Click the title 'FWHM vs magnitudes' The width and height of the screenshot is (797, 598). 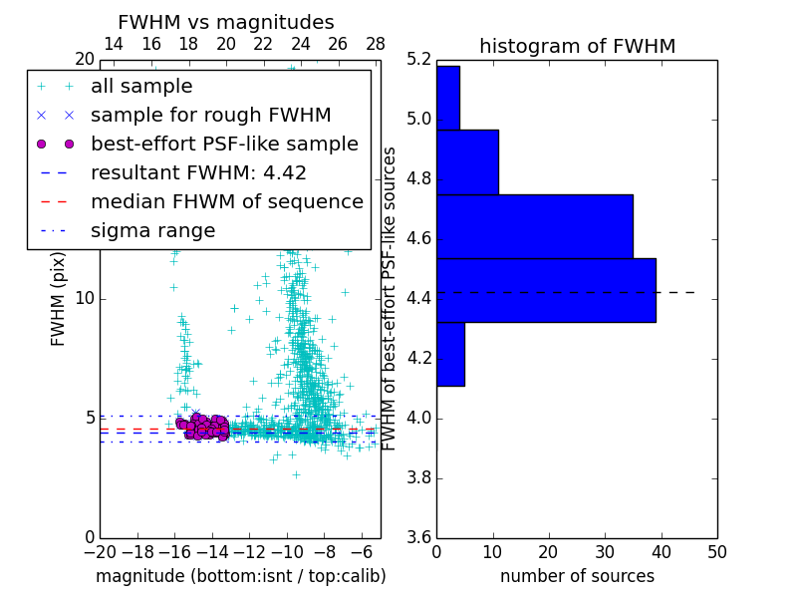[x=226, y=22]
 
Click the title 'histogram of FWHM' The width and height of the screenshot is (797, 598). [x=577, y=46]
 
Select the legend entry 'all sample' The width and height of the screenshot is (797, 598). [x=141, y=87]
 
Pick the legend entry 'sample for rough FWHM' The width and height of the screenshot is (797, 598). [x=210, y=116]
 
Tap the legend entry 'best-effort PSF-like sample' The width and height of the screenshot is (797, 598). [x=224, y=145]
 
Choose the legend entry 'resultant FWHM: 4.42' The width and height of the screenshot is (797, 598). [x=198, y=173]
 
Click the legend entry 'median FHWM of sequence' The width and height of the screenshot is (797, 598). [x=226, y=202]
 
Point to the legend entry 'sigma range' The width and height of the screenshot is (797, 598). [x=152, y=231]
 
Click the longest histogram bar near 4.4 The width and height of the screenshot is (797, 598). [x=546, y=290]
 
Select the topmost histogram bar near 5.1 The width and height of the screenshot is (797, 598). [x=447, y=98]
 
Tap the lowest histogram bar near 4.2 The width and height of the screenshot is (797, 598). [x=450, y=354]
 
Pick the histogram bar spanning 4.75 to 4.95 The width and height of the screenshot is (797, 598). [x=467, y=162]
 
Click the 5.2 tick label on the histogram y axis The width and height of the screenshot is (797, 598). [x=419, y=60]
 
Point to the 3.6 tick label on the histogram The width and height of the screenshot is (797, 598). [x=419, y=536]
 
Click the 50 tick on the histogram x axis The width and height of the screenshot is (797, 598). [x=716, y=551]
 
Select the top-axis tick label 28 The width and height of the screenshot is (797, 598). [x=376, y=44]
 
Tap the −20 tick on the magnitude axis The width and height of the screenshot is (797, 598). [x=99, y=551]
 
